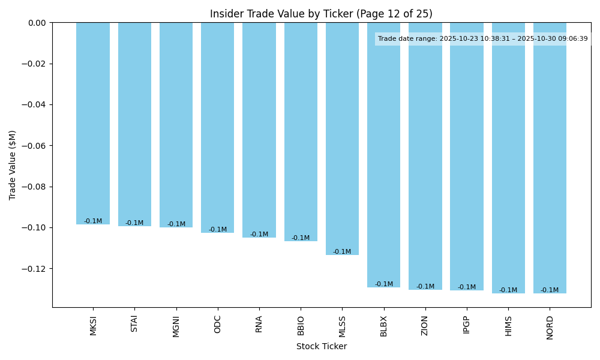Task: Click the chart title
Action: point(321,14)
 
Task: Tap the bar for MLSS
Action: point(342,139)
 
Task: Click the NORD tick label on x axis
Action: point(550,328)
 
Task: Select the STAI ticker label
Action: point(134,324)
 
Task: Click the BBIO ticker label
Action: point(301,326)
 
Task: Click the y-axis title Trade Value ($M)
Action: point(13,165)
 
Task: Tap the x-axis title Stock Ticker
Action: point(321,346)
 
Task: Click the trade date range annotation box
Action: point(482,39)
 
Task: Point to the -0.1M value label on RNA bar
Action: point(259,235)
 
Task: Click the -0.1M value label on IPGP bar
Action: point(467,287)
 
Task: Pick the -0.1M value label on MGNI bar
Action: point(176,224)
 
